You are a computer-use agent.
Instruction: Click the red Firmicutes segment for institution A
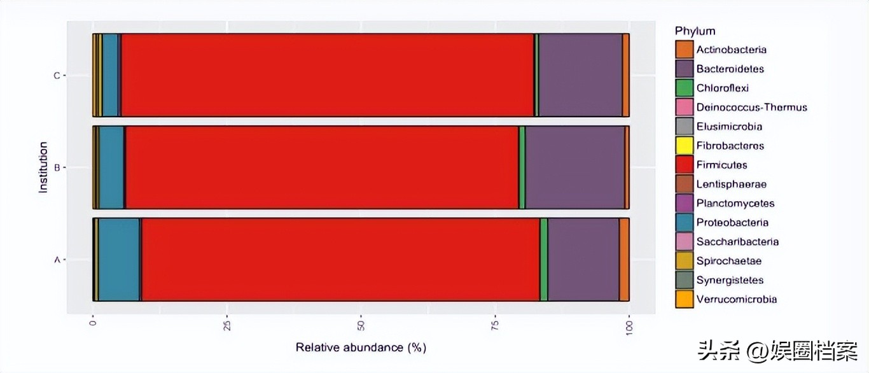coord(340,260)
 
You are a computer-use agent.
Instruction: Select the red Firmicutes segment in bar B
coord(322,167)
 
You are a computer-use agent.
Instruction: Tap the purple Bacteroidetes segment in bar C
coord(580,75)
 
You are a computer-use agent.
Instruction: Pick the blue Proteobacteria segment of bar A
coord(118,260)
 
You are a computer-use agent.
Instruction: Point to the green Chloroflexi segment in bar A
coord(543,260)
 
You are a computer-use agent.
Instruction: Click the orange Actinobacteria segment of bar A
coord(624,260)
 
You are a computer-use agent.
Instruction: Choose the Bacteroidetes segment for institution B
coord(574,167)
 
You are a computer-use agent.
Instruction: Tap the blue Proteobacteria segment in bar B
coord(111,167)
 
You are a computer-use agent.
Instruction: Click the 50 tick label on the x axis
coord(361,327)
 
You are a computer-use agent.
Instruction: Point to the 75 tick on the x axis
coord(495,327)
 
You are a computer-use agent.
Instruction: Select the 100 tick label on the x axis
coord(629,327)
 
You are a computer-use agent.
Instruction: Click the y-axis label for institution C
coord(57,76)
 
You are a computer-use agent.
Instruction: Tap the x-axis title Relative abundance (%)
coord(361,348)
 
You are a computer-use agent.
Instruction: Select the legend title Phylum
coord(695,31)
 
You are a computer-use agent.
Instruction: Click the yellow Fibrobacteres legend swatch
coord(685,146)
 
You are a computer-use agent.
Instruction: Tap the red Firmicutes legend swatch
coord(685,165)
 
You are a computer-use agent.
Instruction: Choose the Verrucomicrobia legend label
coord(736,299)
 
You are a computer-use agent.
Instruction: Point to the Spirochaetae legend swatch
coord(685,261)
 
